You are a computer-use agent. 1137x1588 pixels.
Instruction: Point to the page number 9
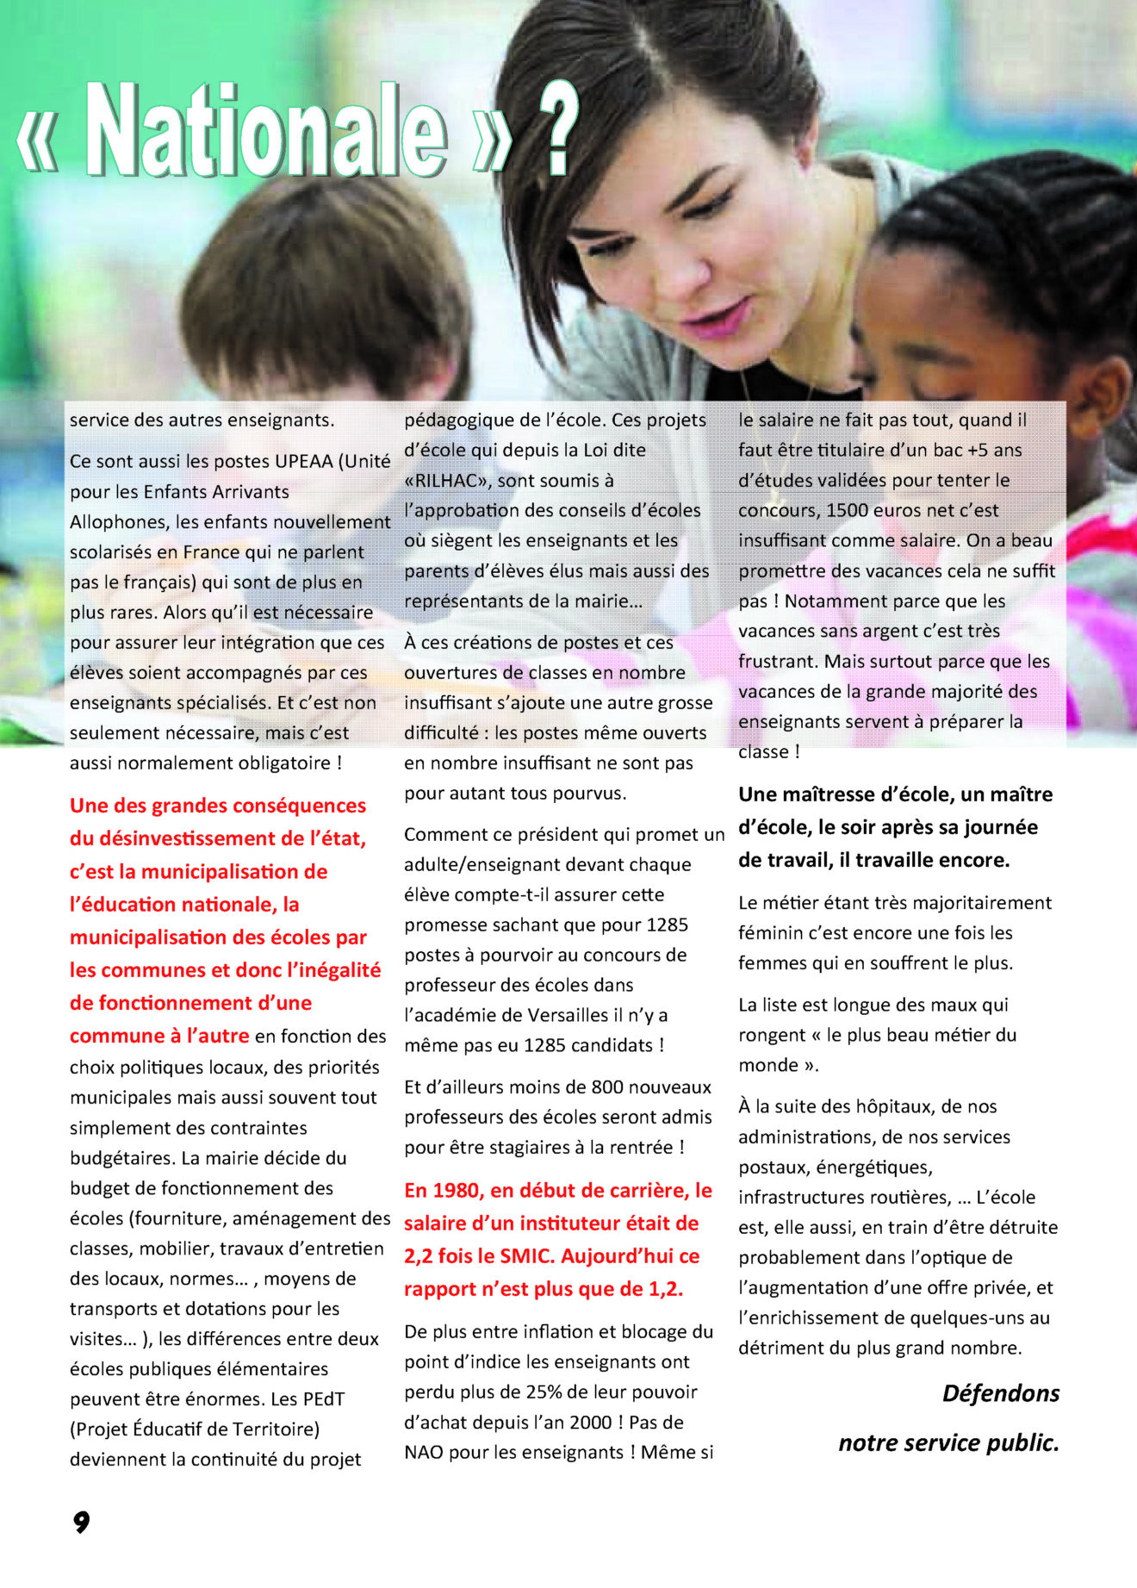[81, 1522]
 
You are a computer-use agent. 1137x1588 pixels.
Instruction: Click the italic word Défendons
[1001, 1393]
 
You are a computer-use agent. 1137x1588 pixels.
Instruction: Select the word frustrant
[776, 662]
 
